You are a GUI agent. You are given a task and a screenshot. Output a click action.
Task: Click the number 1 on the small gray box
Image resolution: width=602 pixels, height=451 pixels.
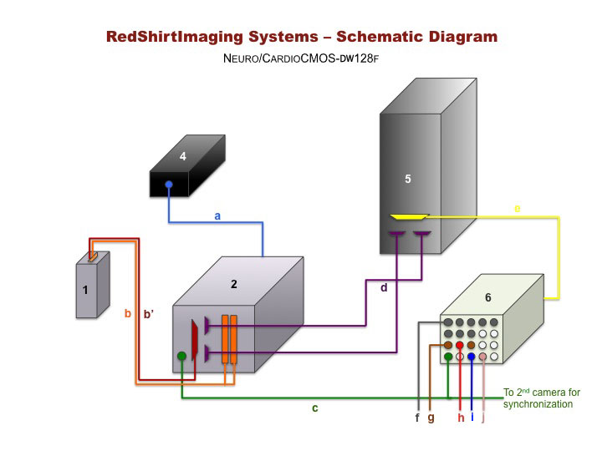[x=84, y=291]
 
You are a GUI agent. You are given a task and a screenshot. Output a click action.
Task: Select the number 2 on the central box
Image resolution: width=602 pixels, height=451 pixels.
[x=234, y=284]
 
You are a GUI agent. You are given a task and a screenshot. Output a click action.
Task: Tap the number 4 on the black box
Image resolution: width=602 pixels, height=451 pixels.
[x=182, y=155]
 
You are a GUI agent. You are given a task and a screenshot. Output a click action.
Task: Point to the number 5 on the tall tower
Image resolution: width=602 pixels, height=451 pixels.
[x=407, y=179]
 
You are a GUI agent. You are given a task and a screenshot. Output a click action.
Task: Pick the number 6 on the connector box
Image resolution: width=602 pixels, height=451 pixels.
[x=487, y=297]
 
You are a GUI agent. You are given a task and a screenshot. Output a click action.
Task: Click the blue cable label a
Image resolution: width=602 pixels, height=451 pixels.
[x=217, y=215]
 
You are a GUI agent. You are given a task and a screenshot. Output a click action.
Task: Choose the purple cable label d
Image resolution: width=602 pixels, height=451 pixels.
[x=384, y=288]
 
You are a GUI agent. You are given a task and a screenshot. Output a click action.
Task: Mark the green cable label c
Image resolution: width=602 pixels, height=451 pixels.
[x=314, y=408]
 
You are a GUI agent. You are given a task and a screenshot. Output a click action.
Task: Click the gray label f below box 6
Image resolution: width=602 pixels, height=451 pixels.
[x=416, y=418]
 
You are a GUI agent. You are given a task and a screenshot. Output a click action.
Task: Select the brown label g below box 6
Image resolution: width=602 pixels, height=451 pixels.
[x=431, y=418]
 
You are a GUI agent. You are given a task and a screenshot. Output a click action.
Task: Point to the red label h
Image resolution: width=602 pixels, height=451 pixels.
[x=460, y=418]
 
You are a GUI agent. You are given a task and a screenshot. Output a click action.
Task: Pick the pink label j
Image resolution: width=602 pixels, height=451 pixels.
[x=483, y=418]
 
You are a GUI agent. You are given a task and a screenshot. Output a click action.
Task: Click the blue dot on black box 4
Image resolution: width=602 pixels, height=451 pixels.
[x=169, y=185]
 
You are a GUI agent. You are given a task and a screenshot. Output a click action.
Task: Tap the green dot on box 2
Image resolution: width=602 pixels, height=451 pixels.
[x=182, y=357]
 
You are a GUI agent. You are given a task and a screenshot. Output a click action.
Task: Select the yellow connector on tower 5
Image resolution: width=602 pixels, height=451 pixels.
[x=409, y=217]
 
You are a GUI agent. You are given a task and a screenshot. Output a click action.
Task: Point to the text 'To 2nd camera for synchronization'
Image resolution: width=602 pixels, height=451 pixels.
[x=539, y=398]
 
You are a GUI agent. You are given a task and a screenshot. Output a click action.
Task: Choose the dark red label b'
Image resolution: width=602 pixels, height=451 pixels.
[x=150, y=314]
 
